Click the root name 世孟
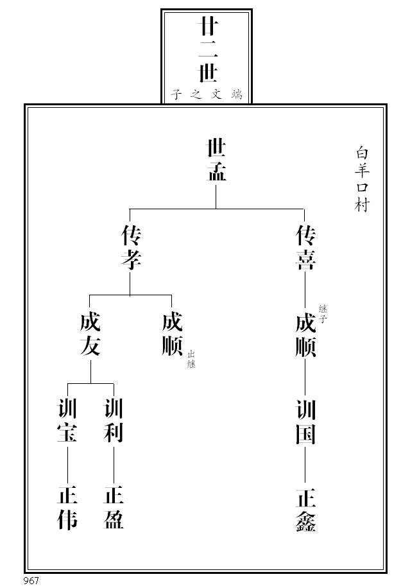(x=216, y=160)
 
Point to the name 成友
(x=90, y=334)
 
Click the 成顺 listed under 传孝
(x=172, y=334)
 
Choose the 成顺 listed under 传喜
(x=305, y=334)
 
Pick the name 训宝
(x=67, y=420)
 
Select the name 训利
(x=114, y=420)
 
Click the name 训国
(x=305, y=420)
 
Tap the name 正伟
(x=67, y=508)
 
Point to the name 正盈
(x=114, y=508)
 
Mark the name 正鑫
(x=305, y=510)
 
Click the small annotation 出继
(x=191, y=359)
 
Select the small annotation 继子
(x=323, y=313)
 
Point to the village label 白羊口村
(x=363, y=179)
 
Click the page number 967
(x=31, y=581)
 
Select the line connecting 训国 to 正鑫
(x=305, y=465)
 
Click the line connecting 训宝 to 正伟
(x=67, y=465)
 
